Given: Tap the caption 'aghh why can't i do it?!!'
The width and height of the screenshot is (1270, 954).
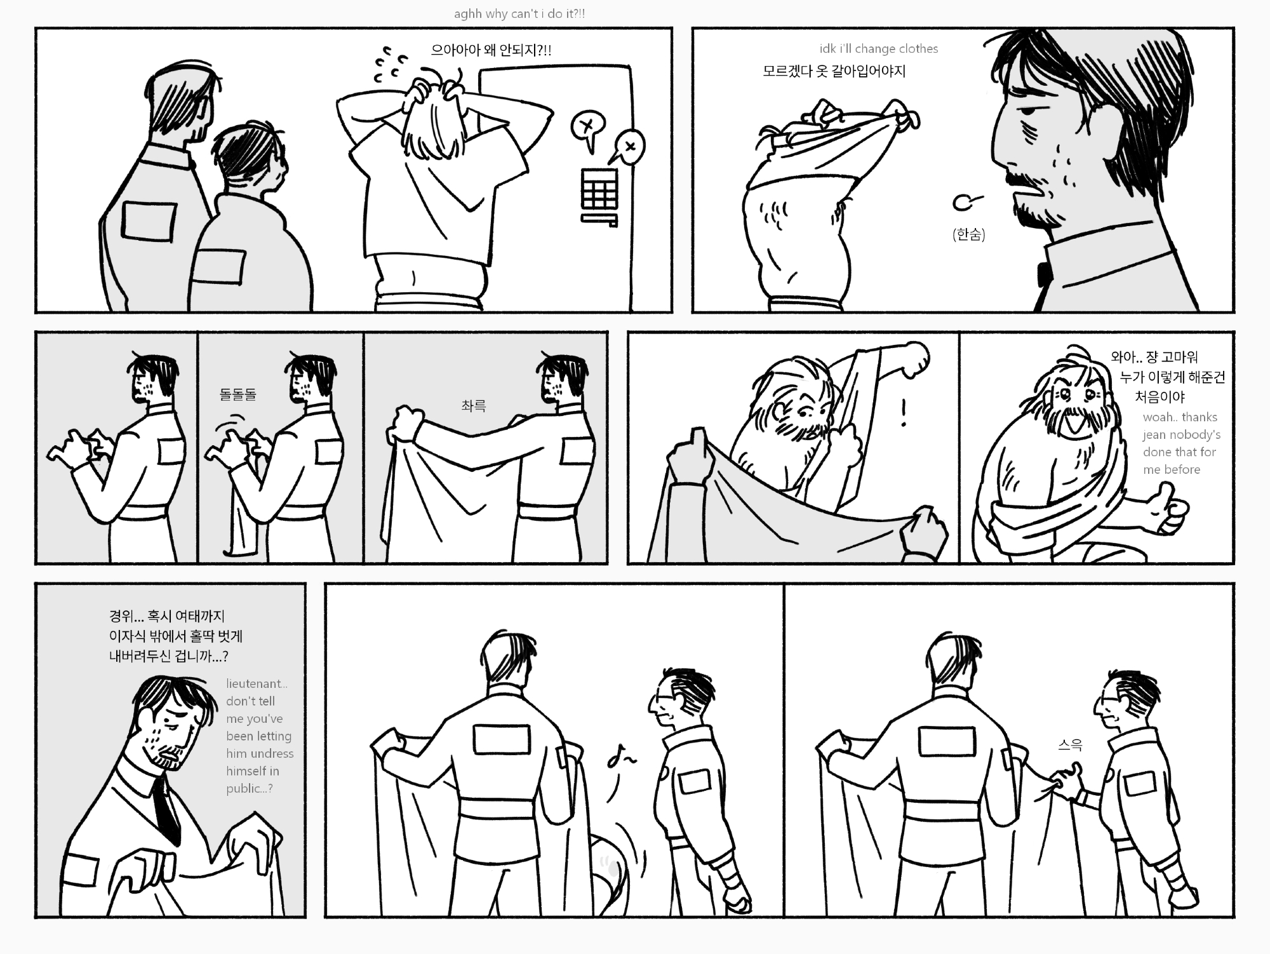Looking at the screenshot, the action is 519,13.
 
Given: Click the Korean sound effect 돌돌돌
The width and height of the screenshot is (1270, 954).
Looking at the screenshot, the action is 238,394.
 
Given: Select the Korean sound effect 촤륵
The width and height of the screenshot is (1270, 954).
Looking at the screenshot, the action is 474,406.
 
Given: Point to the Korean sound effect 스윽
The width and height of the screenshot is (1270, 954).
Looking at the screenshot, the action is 1070,745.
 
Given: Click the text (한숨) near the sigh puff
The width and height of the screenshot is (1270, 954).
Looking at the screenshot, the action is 969,234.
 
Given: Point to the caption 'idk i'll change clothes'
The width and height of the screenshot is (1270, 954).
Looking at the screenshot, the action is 879,49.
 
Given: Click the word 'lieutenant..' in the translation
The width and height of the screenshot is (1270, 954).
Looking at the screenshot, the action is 257,683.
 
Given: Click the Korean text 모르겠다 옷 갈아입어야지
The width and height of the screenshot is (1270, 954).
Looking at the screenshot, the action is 834,71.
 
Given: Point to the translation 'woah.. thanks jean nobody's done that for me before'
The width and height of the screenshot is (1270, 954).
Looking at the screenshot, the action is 1181,443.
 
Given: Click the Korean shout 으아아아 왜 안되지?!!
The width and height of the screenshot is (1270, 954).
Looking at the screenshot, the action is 491,50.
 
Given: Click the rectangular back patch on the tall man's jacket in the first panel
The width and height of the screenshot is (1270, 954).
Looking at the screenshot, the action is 149,220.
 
